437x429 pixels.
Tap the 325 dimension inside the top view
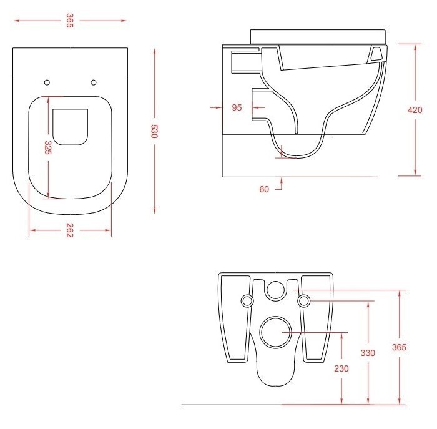(x=48, y=147)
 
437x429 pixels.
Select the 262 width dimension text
(x=70, y=232)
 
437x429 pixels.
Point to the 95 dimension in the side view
(x=237, y=107)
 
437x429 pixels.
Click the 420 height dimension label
(x=415, y=110)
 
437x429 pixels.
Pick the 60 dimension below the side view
(x=264, y=189)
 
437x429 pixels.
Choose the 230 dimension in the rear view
(x=341, y=368)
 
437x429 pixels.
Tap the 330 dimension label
(x=368, y=353)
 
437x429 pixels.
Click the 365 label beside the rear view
(x=400, y=347)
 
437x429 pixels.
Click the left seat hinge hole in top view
(x=47, y=82)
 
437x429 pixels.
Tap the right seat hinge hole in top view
(x=94, y=82)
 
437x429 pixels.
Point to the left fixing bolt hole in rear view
(x=248, y=301)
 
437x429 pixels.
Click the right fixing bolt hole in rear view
(x=304, y=301)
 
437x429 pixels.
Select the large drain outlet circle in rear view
(x=275, y=333)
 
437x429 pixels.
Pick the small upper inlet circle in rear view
(x=275, y=288)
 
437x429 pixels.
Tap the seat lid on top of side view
(x=318, y=36)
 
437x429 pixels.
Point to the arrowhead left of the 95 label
(x=218, y=107)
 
